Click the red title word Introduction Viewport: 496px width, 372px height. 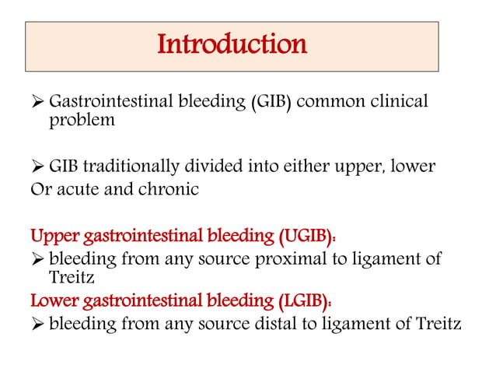click(x=232, y=44)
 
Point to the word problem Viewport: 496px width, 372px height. click(x=82, y=121)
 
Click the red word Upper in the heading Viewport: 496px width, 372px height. click(x=51, y=236)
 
